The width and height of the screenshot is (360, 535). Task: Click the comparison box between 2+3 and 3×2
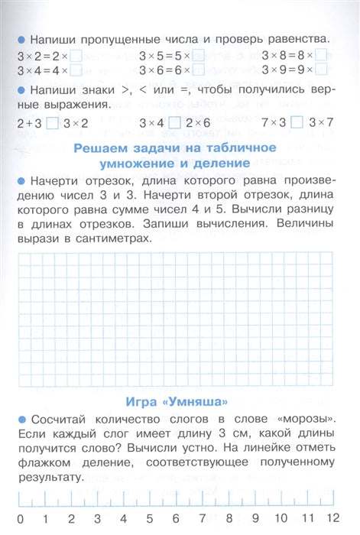(52, 122)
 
